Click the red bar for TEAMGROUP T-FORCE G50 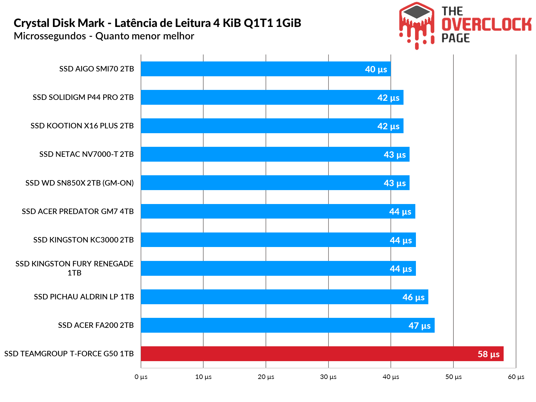tap(322, 354)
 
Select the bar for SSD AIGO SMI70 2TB tap(266, 69)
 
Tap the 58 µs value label tap(489, 354)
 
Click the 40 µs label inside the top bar tap(376, 69)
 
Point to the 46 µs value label tap(413, 297)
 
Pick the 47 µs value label tap(420, 326)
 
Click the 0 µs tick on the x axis tap(141, 377)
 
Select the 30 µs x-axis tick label tap(328, 377)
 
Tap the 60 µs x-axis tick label tap(516, 377)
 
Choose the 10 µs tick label tap(203, 377)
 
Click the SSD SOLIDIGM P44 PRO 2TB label tap(83, 97)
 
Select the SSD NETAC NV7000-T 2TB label tap(87, 154)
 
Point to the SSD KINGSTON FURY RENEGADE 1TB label tap(74, 268)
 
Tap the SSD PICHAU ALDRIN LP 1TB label tap(84, 297)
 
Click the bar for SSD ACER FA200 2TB tap(287, 325)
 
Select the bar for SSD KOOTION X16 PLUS tap(272, 126)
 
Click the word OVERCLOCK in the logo tap(486, 25)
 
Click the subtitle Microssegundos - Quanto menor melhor tap(104, 36)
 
